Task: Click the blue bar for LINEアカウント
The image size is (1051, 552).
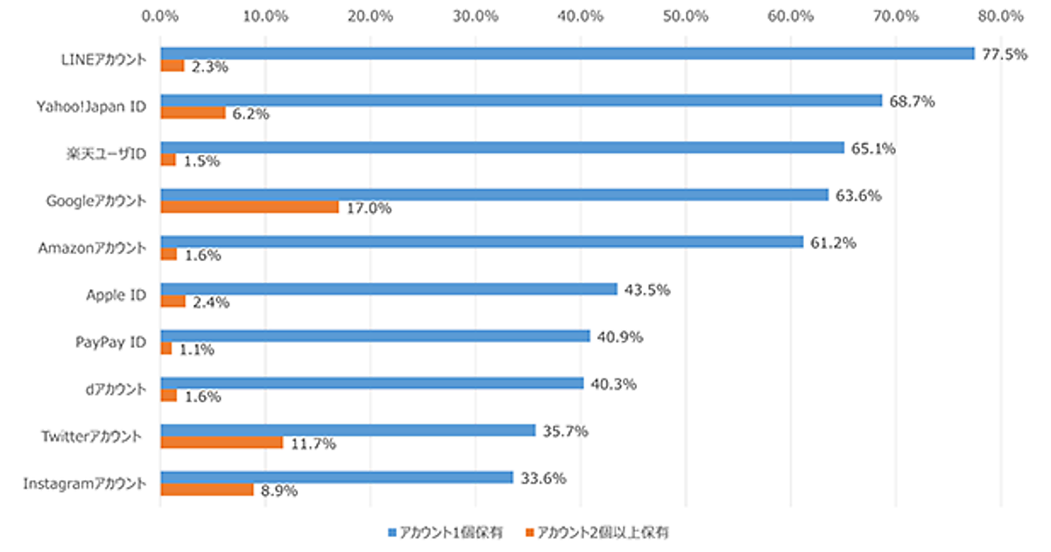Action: coord(567,53)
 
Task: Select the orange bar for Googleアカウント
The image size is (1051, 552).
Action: coord(250,207)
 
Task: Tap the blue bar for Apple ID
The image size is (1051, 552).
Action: coord(389,289)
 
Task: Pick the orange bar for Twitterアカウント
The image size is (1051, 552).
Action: coord(222,442)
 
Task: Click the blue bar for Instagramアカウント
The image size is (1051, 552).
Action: coord(336,478)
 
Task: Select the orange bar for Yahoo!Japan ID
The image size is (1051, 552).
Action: coord(193,112)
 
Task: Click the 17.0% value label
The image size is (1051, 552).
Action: coord(369,209)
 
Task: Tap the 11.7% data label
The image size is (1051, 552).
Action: coord(313,444)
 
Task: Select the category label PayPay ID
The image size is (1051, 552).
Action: coord(110,343)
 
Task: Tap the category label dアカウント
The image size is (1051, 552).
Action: coord(116,390)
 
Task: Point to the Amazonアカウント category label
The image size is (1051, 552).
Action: coord(92,249)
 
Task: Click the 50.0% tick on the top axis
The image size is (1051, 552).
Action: coord(686,15)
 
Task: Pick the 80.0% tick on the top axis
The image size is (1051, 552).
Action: coord(1001,15)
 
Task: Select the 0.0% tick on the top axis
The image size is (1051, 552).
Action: coord(160,15)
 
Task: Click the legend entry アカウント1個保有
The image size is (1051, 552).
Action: coord(446,532)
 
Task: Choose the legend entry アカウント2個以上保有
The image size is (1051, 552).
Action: coord(602,532)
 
